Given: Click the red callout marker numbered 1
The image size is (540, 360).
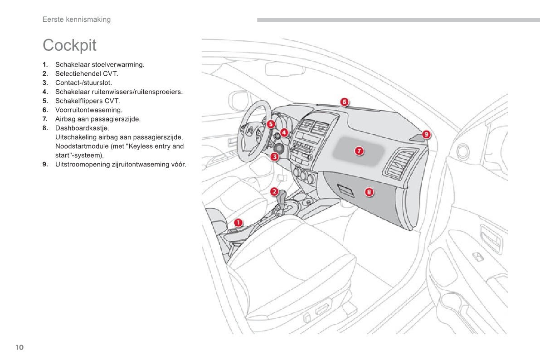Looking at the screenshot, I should coord(238,222).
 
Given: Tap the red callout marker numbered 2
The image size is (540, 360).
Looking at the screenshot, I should coord(274,191).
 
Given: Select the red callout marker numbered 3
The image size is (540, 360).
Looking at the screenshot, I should coord(275,157).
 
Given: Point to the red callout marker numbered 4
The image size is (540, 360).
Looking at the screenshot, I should coord(284,133).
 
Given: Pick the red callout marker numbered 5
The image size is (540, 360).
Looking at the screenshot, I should coord(271,124).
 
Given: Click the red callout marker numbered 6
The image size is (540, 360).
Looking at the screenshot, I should coord(345,102).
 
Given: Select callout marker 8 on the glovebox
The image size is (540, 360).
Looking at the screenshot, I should coord(370,192).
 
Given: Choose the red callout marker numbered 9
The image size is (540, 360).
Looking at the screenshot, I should coord(426,134).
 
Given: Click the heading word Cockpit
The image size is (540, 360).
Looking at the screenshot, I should coord(69,45).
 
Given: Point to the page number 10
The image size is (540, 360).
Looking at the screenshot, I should coord(19,347).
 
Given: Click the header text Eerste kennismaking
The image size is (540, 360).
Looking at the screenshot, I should coord(76,19).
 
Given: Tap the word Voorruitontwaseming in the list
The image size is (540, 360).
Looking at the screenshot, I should coord(88,110).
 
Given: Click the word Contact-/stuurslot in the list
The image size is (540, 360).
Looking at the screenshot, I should coord(83,83).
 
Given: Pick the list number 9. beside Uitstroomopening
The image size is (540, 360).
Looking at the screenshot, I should coord(45,164).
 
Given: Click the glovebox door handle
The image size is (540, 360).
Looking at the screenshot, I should coord(346,190).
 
